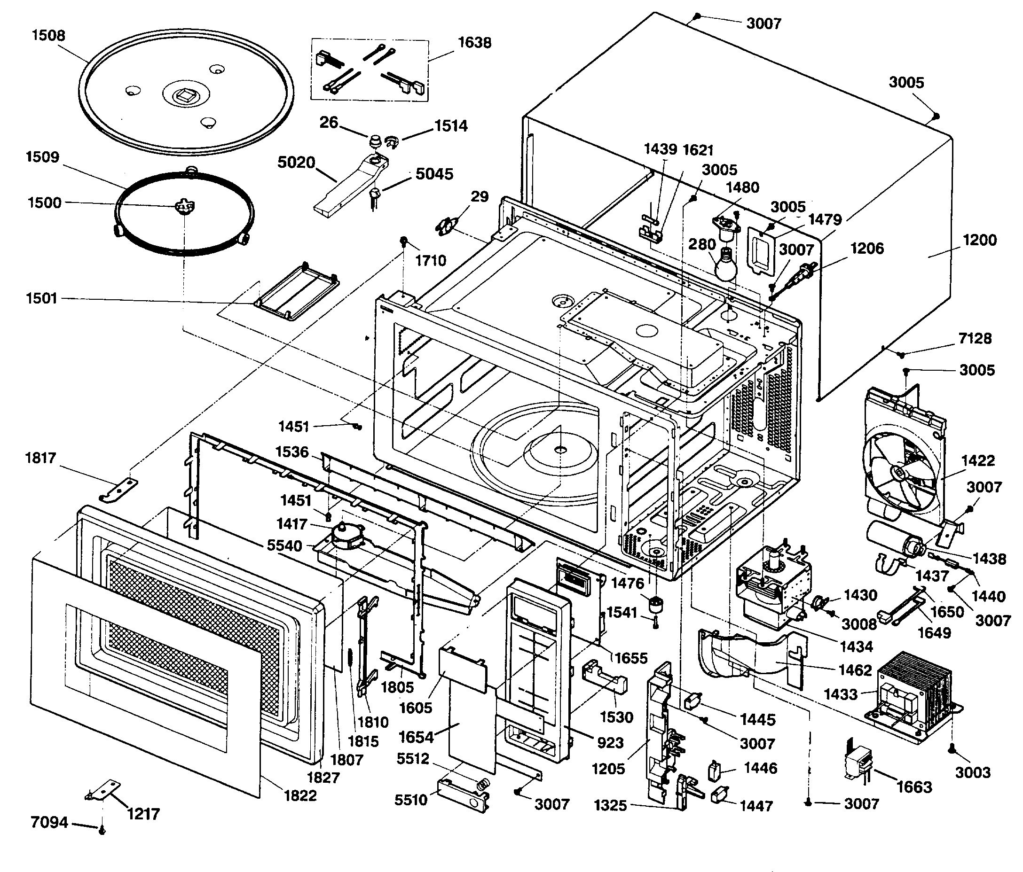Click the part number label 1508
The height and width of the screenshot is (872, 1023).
point(48,36)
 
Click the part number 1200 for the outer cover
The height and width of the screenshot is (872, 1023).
point(980,241)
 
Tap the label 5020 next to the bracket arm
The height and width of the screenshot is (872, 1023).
point(296,162)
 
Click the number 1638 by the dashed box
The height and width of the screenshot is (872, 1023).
point(474,43)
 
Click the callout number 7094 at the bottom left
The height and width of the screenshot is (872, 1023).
point(49,822)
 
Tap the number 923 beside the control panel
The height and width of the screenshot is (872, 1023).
point(610,743)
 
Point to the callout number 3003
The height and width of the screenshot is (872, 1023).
point(973,772)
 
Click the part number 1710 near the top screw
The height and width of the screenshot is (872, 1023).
point(431,261)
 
